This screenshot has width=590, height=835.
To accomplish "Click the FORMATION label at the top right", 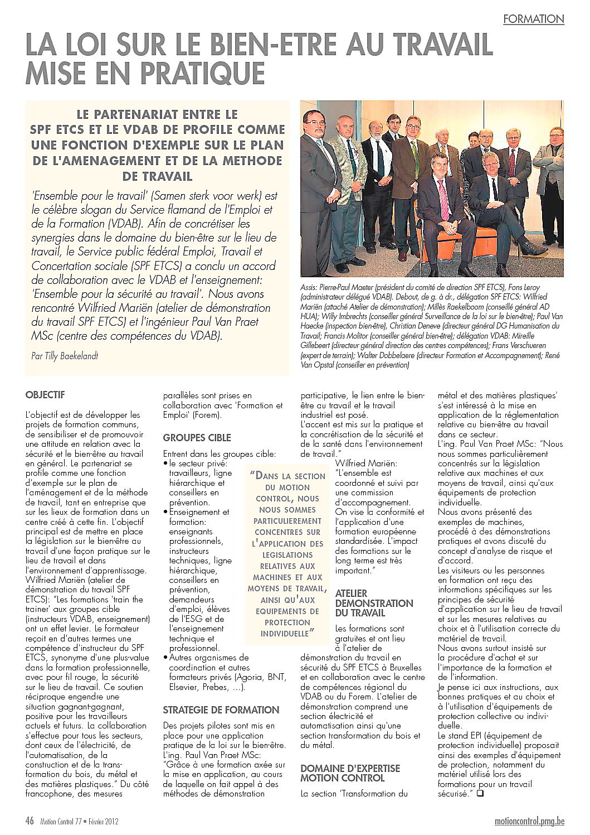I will coord(533,19).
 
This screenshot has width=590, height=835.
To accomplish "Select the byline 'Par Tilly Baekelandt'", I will coord(65,355).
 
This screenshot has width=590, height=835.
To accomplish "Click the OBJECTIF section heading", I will coord(45,395).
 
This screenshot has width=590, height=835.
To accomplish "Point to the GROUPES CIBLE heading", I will coord(197,438).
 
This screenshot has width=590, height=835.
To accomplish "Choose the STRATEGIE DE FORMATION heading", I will coord(221,710).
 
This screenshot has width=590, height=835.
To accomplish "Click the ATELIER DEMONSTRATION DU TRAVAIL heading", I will coord(374,604).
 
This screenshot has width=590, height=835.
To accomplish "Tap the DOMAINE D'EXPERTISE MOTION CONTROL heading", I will coord(350,773).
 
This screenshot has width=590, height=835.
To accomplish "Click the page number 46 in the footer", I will coord(30,820).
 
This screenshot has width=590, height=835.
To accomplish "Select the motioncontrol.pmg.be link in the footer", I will coord(529,821).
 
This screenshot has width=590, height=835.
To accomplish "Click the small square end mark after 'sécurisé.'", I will coord(479,793).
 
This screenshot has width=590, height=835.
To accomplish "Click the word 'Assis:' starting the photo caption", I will coord(309,286).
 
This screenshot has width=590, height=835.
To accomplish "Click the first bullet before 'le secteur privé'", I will coord(165,464).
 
